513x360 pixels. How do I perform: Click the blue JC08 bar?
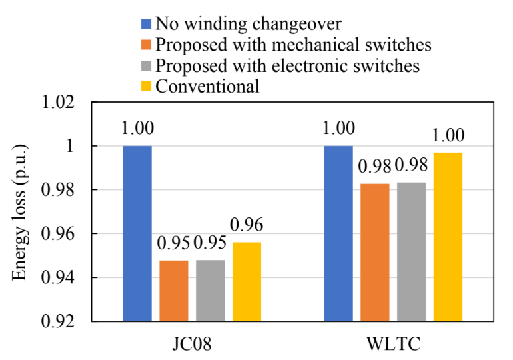tap(137, 233)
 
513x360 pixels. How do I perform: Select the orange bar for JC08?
tap(174, 291)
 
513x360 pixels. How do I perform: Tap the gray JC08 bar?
tap(210, 291)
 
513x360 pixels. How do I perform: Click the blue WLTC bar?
tap(338, 233)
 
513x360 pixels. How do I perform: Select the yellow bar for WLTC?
tap(448, 237)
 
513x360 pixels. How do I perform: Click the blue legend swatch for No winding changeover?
tap(147, 25)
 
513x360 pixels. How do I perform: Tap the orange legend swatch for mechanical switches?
tap(147, 45)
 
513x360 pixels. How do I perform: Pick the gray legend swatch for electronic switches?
tap(147, 66)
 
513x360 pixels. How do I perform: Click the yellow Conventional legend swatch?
tap(147, 86)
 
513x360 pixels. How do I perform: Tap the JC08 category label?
tap(192, 344)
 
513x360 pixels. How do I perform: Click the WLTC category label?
tap(392, 344)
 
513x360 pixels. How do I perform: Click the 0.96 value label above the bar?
tap(247, 225)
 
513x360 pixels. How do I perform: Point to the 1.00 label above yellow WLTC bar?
tap(448, 135)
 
